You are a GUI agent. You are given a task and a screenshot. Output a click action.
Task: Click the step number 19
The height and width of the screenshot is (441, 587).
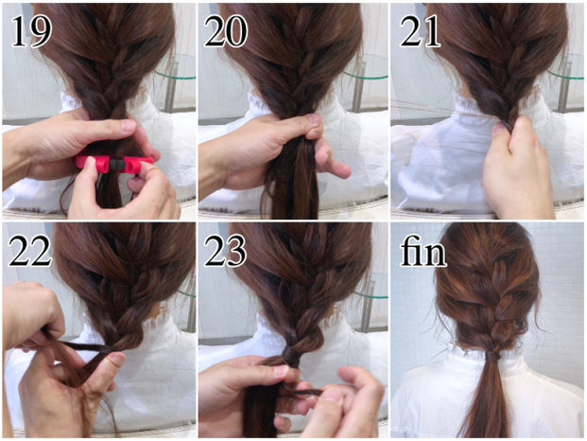tap(30, 31)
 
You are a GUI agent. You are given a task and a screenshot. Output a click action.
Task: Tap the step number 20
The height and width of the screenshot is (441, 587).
tap(225, 31)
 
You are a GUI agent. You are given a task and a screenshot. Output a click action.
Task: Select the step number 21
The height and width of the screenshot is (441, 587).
tap(420, 31)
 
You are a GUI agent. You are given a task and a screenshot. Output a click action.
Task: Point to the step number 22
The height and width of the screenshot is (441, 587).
tap(30, 250)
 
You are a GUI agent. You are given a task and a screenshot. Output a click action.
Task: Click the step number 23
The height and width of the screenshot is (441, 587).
tap(225, 250)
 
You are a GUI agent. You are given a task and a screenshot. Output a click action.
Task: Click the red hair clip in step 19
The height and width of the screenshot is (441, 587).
tap(114, 164)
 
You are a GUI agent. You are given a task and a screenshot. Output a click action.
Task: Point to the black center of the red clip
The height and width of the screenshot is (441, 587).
tap(116, 164)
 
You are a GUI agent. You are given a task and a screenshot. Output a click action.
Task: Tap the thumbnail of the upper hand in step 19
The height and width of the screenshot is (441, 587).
tap(129, 125)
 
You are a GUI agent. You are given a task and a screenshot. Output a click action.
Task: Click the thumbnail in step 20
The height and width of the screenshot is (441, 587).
tap(313, 118)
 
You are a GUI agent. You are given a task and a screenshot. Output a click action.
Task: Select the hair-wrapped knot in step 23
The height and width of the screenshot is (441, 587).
tap(291, 356)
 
